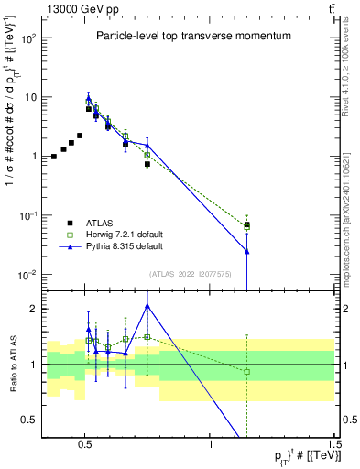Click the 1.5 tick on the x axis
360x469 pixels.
click(x=334, y=444)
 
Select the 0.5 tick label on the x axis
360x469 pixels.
click(x=85, y=444)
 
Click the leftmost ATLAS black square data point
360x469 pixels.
click(x=54, y=157)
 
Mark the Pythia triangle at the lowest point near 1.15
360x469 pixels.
click(x=246, y=251)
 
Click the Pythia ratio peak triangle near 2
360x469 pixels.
click(x=147, y=307)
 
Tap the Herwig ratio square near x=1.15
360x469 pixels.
click(x=246, y=371)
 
